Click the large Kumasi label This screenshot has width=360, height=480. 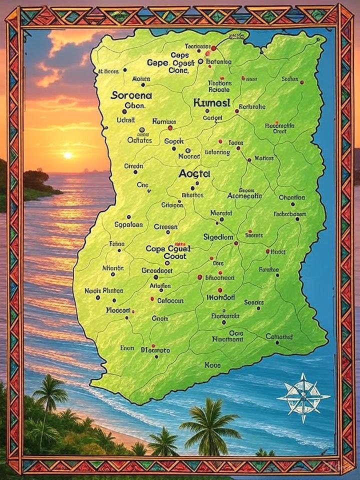211,103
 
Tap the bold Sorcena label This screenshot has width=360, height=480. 131,94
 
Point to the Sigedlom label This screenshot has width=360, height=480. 218,236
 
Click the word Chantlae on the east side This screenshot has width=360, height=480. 291,197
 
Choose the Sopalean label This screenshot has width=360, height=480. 128,224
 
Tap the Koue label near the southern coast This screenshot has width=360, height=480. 212,365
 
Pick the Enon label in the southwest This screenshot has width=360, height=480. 127,348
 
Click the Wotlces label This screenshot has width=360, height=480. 263,158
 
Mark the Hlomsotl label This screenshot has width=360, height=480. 220,297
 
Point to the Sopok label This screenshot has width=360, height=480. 174,141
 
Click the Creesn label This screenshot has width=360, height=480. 165,226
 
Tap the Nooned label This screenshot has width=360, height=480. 189,156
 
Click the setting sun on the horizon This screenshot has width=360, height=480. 67,155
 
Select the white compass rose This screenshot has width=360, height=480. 303,397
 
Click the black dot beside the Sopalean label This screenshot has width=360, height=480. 128,217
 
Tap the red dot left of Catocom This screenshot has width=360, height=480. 152,299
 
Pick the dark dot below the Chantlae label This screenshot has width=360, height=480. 292,204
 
